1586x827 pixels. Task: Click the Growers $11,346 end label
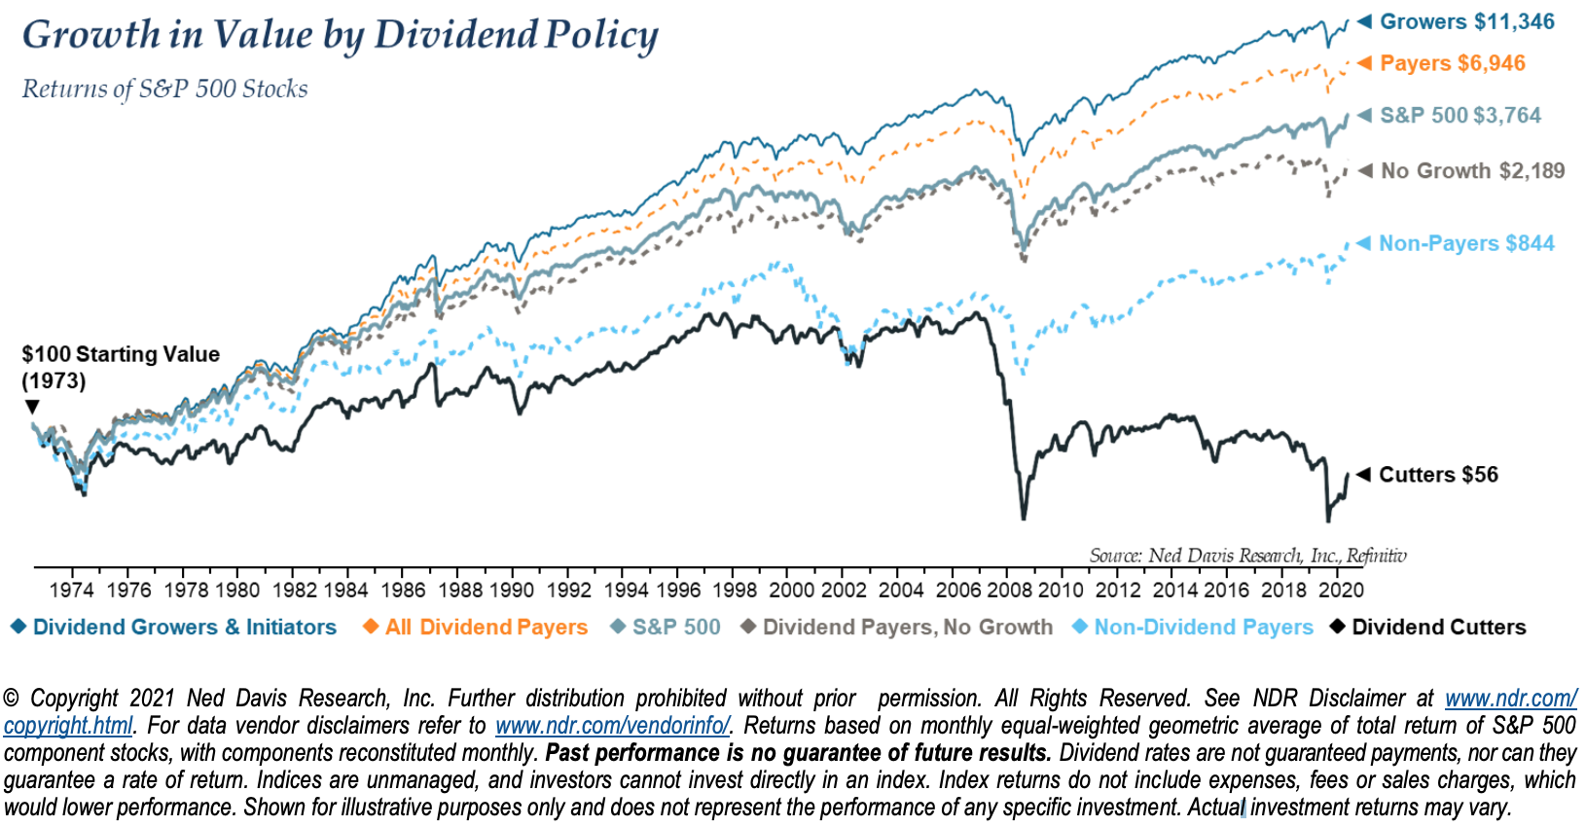coord(1466,21)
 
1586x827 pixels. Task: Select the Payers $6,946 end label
coord(1452,63)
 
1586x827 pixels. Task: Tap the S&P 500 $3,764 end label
coord(1460,115)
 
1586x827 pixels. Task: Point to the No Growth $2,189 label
coord(1472,171)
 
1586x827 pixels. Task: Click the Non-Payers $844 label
coord(1465,243)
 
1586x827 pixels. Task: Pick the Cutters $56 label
coord(1437,475)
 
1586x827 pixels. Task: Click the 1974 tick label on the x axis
coord(71,590)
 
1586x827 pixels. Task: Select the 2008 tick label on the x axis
coord(1009,590)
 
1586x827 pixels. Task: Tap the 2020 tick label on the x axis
coord(1340,590)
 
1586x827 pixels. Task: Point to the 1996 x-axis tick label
coord(678,590)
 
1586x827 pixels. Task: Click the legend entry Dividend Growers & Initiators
coord(184,628)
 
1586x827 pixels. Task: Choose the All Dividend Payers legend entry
coord(486,628)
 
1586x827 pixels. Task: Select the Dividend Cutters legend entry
coord(1438,628)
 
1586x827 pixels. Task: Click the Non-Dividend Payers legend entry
coord(1203,628)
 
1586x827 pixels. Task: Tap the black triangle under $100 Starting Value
coord(32,407)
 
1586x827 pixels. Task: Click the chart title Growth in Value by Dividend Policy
coord(340,35)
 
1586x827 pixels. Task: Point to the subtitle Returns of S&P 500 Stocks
coord(164,89)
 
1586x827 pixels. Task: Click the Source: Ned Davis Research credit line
coord(1246,556)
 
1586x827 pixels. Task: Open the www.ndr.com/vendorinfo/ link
coord(612,726)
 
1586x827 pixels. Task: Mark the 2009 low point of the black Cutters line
coord(1024,518)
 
